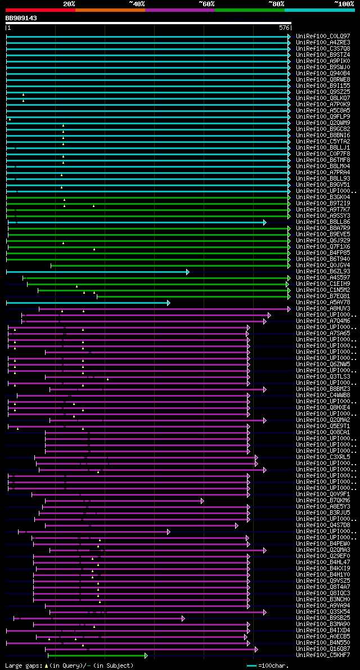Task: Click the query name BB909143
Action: pos(21,18)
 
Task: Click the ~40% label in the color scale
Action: pos(137,3)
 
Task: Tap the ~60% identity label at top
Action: pos(206,3)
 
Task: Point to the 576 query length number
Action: pos(284,28)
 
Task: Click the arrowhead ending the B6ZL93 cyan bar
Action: pos(187,272)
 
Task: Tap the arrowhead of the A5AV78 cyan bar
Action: pos(168,303)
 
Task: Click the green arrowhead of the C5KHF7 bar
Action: pos(146,655)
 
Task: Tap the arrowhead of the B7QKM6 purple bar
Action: pos(202,501)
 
